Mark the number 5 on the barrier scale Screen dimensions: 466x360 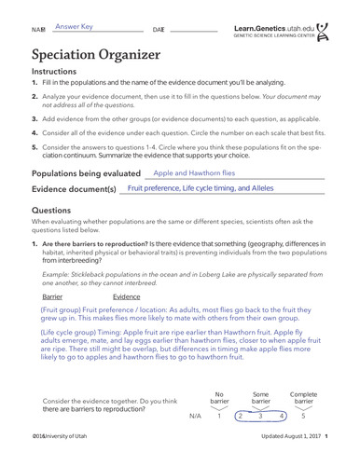click(303, 417)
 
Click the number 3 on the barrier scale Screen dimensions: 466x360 click(261, 417)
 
